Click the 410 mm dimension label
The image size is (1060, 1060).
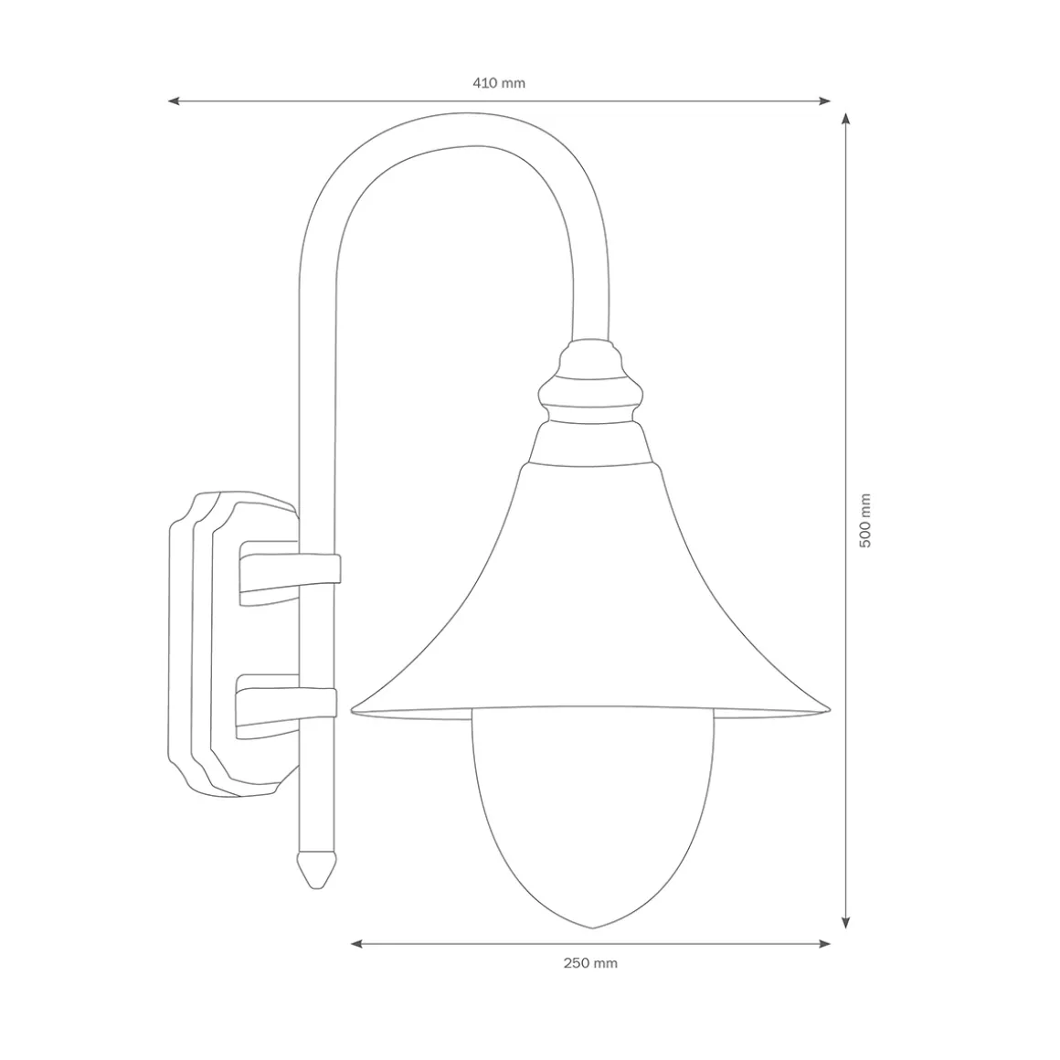[x=499, y=83]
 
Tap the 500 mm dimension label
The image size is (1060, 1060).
[x=865, y=521]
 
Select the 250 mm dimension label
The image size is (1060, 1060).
[x=590, y=963]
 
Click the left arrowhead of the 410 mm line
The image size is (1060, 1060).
[x=174, y=101]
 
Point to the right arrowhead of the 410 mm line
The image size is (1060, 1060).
[x=825, y=101]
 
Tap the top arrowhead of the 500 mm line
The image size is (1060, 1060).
[x=845, y=119]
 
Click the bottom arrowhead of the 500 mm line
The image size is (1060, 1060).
[x=845, y=923]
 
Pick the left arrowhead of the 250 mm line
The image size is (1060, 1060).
[x=356, y=944]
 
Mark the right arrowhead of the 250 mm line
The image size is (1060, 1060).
[x=825, y=944]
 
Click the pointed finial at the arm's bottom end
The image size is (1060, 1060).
[x=316, y=870]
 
